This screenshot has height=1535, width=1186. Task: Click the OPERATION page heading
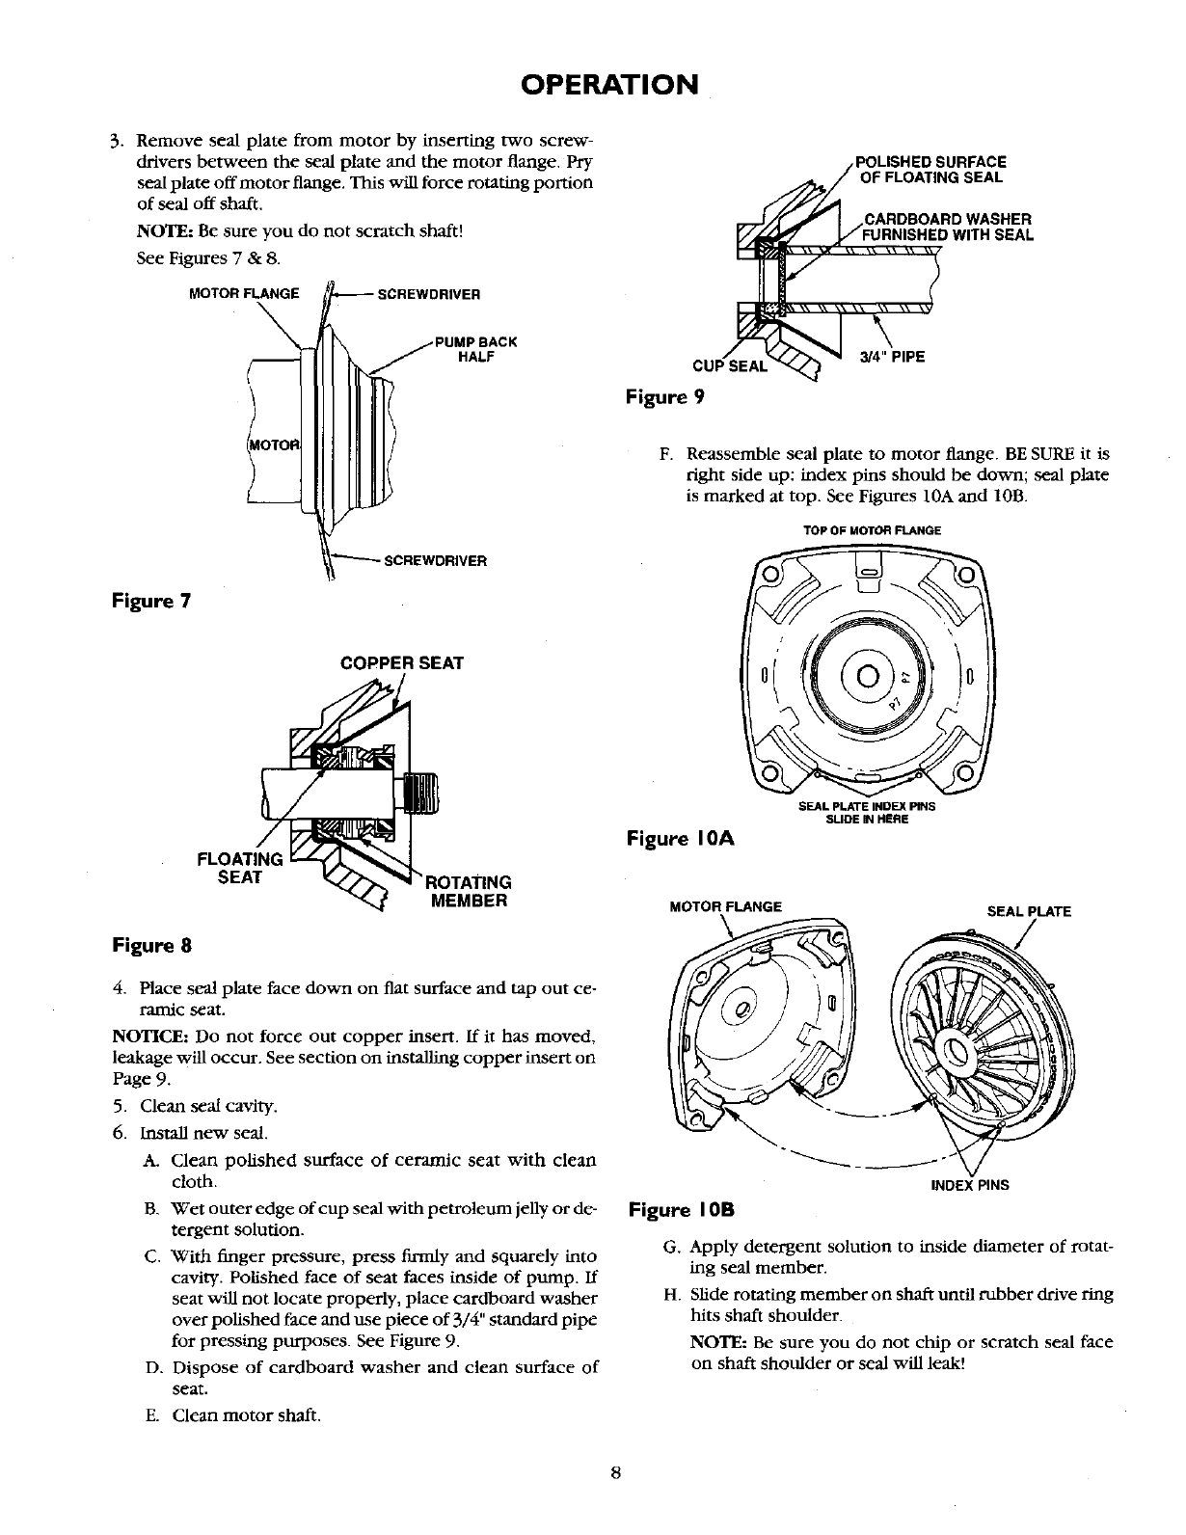click(608, 84)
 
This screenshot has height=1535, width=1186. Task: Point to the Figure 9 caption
click(666, 396)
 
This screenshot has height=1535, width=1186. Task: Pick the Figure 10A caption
click(680, 839)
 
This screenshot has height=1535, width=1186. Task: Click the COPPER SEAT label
click(402, 663)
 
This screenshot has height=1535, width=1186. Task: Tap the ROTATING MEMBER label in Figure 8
click(468, 891)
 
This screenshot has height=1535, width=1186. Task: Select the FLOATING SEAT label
click(240, 868)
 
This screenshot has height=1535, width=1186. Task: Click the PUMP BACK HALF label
click(476, 349)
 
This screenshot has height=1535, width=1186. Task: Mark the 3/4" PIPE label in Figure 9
click(891, 358)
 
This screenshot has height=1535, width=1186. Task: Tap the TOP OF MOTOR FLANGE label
click(872, 530)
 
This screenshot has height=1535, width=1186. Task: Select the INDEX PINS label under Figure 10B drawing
click(969, 1185)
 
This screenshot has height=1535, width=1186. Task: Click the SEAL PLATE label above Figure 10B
click(1029, 911)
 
